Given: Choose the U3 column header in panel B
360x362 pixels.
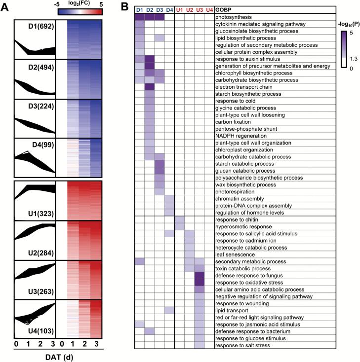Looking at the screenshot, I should [200, 9].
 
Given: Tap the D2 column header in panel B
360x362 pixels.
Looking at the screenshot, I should [150, 9].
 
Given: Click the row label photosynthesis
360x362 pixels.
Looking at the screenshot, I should [234, 16].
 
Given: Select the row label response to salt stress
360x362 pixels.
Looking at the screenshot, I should [241, 346].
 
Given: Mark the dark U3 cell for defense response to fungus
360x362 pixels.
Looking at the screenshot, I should [200, 275].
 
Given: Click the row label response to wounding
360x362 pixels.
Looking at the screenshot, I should [239, 303].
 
